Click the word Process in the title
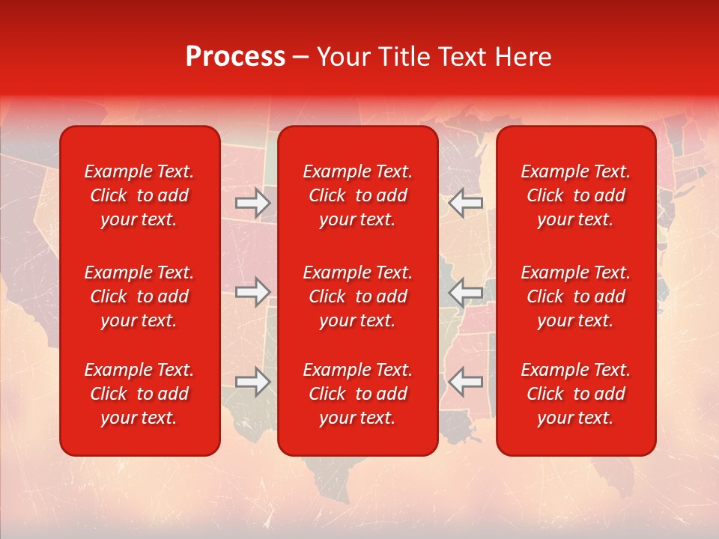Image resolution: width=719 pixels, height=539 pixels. [235, 57]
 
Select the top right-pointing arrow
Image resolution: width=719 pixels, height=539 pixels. [253, 203]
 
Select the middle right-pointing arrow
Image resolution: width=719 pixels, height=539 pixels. [253, 291]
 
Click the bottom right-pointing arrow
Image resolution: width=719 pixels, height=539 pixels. [253, 382]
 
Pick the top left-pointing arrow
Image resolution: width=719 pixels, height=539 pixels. [466, 203]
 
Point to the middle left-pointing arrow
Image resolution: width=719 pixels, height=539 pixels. [466, 291]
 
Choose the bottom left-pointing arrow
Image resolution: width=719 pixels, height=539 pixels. [466, 382]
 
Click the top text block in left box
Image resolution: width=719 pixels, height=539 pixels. [139, 195]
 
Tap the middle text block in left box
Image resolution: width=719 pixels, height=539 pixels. [139, 296]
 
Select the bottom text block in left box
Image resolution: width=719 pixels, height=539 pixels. [139, 394]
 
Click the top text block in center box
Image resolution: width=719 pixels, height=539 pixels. [357, 195]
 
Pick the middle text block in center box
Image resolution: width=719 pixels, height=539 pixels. [357, 296]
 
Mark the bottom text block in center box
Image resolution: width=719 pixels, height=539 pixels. [357, 394]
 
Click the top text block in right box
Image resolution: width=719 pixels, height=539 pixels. [575, 195]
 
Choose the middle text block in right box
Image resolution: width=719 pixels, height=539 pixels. [575, 296]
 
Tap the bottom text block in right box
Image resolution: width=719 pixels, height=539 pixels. [575, 394]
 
